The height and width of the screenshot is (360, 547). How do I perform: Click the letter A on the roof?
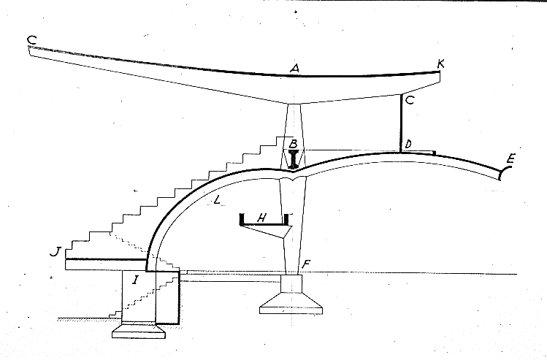click(294, 68)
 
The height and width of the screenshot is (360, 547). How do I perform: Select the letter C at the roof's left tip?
click(30, 39)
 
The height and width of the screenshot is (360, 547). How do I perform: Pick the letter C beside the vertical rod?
click(409, 101)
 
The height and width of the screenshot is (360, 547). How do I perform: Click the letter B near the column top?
click(291, 143)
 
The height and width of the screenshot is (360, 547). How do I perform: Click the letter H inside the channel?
click(264, 218)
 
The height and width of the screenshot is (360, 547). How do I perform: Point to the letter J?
click(53, 253)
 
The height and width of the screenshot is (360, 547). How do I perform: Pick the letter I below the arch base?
click(135, 278)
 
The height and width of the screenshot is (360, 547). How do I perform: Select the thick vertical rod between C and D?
click(400, 123)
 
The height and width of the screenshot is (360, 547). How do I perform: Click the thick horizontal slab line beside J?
click(106, 259)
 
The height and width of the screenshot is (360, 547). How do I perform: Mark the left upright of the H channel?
click(242, 219)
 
